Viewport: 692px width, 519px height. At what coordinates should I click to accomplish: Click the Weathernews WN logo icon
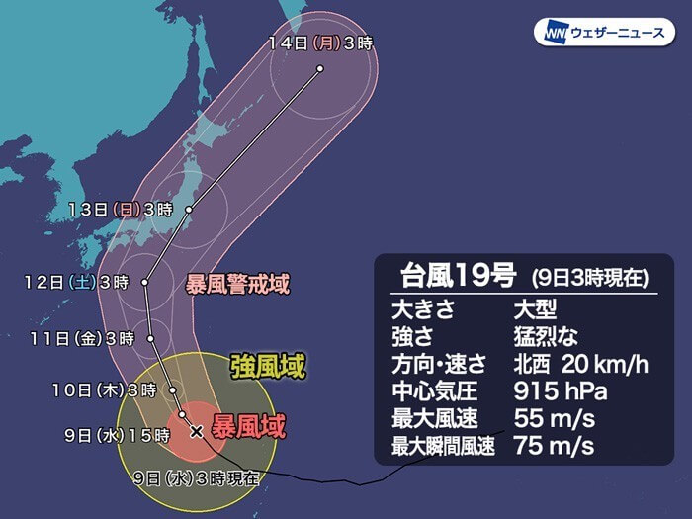click(x=552, y=33)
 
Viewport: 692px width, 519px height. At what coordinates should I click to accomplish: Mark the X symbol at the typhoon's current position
click(x=196, y=431)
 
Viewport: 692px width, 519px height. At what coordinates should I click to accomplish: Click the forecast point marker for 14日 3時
click(x=320, y=68)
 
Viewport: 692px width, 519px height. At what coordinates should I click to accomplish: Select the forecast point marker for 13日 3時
click(x=187, y=209)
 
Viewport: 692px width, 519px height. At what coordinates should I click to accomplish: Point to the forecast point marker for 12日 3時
click(x=144, y=283)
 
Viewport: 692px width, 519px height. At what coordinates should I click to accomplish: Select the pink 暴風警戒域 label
click(x=238, y=285)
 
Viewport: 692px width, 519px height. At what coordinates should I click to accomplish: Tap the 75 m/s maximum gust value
click(x=554, y=445)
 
